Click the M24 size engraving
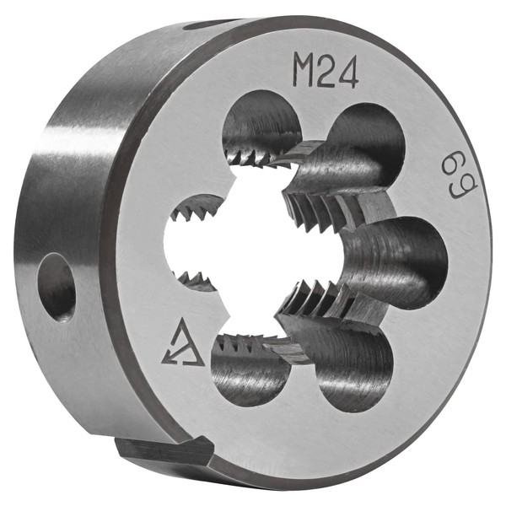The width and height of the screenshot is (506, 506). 326,71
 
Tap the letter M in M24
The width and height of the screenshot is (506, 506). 304,71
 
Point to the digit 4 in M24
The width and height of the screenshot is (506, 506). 347,73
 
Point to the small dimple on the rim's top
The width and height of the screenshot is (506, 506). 202,25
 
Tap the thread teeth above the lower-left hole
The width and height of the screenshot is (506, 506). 245,343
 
